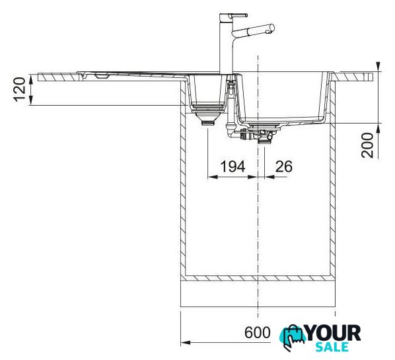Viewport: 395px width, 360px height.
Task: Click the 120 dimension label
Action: click(x=19, y=90)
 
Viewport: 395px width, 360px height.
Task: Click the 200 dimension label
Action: click(x=367, y=145)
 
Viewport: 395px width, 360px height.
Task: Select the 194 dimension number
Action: click(x=233, y=166)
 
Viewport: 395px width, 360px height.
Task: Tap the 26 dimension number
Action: click(x=283, y=166)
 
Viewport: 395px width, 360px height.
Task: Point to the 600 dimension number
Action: click(x=258, y=332)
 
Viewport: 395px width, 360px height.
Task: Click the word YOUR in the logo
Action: click(x=334, y=333)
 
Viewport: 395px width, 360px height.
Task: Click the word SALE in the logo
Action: click(x=332, y=347)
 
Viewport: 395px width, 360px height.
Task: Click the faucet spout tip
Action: click(x=271, y=28)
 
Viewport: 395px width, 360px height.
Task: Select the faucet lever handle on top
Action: click(x=237, y=15)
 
